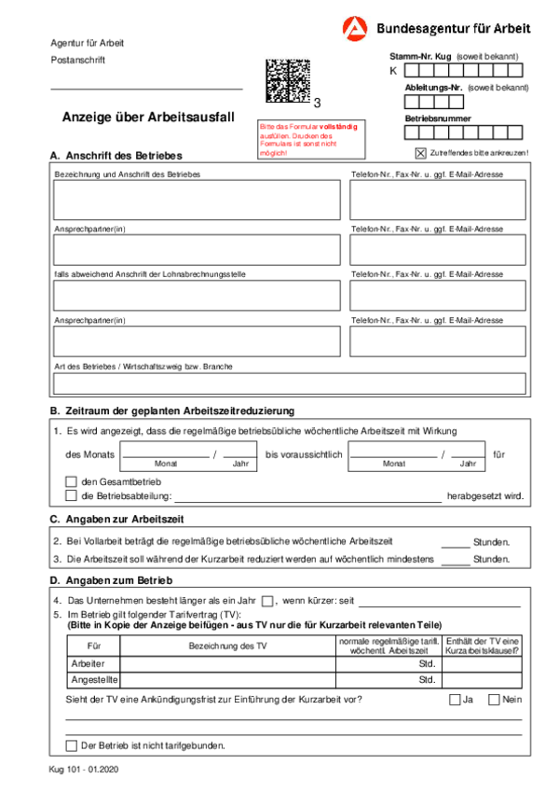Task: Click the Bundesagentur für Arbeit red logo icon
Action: pyautogui.click(x=355, y=29)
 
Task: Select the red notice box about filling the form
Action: pyautogui.click(x=307, y=138)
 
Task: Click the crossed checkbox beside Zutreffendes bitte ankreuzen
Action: pyautogui.click(x=420, y=152)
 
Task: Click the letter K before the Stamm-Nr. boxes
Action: pyautogui.click(x=393, y=70)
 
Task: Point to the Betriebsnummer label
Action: pyautogui.click(x=438, y=118)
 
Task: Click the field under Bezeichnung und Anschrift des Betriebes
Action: pyautogui.click(x=197, y=200)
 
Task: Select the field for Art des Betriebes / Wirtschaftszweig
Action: pyautogui.click(x=289, y=383)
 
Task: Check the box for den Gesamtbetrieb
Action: pyautogui.click(x=71, y=481)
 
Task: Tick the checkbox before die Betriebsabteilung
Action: pyautogui.click(x=71, y=496)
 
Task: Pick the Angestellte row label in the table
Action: pyautogui.click(x=93, y=680)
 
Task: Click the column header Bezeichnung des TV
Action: pyautogui.click(x=228, y=646)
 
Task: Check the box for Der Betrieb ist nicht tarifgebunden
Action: pyautogui.click(x=71, y=745)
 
